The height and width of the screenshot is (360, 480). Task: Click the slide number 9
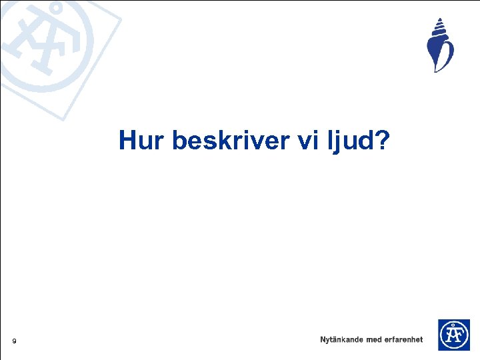(x=13, y=342)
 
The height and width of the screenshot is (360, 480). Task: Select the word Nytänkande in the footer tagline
(x=341, y=339)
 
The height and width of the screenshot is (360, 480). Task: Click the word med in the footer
(x=374, y=339)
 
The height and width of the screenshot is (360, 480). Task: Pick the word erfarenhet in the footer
(x=404, y=339)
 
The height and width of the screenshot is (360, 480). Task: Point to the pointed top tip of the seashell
(x=439, y=19)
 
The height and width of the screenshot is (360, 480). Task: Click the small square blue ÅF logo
(x=453, y=335)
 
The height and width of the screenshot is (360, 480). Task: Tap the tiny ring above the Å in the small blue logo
(x=453, y=323)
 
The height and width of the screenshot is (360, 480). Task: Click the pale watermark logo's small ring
(x=57, y=9)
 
